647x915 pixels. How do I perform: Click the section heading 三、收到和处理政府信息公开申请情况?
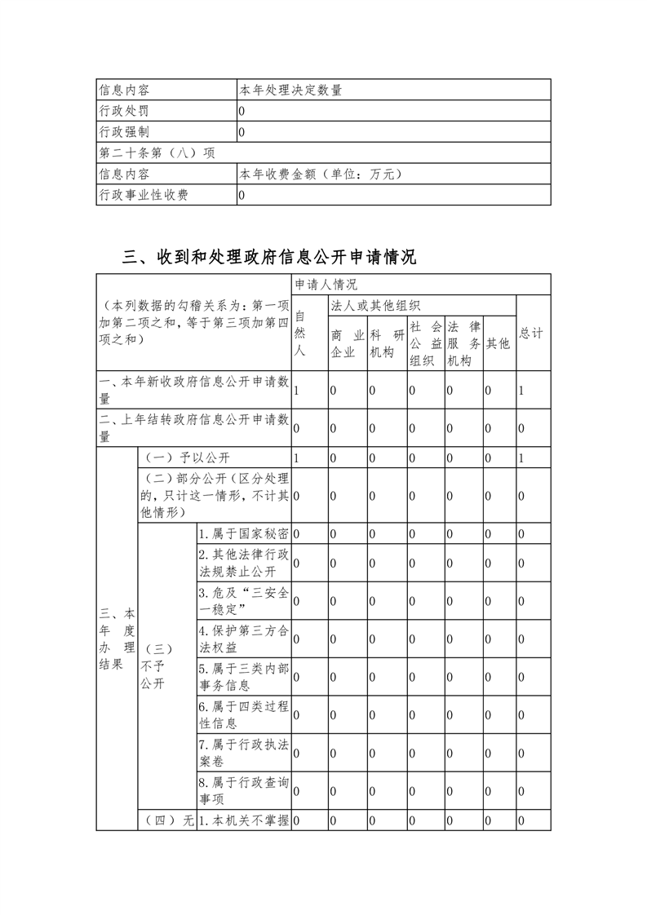pyautogui.click(x=269, y=258)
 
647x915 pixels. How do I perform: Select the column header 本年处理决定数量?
pyautogui.click(x=285, y=90)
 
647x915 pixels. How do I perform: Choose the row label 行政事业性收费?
pyautogui.click(x=144, y=196)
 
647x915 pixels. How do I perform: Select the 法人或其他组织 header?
pyautogui.click(x=375, y=306)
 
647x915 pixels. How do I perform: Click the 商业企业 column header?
pyautogui.click(x=347, y=343)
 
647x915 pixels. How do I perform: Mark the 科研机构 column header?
pyautogui.click(x=387, y=343)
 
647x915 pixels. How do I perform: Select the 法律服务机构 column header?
pyautogui.click(x=463, y=343)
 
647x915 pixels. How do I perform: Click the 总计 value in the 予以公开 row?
pyautogui.click(x=522, y=458)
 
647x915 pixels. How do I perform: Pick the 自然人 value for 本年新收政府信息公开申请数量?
pyautogui.click(x=297, y=391)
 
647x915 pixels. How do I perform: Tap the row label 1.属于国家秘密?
pyautogui.click(x=243, y=534)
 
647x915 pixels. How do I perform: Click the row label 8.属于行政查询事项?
pyautogui.click(x=243, y=790)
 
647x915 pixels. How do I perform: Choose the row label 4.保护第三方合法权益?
pyautogui.click(x=243, y=639)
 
